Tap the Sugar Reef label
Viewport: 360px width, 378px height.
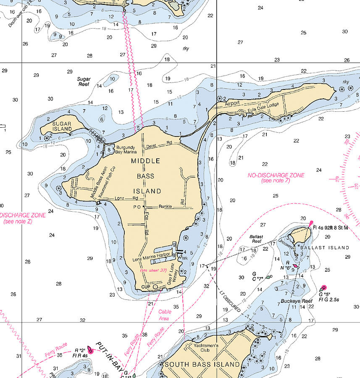point(84,81)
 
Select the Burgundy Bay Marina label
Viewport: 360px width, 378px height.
point(126,150)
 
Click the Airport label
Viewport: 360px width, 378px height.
point(232,103)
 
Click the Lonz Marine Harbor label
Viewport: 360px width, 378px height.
point(152,255)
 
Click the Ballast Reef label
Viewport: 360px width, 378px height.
point(256,239)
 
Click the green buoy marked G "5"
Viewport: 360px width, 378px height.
point(323,288)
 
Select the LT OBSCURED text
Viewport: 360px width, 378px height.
point(230,302)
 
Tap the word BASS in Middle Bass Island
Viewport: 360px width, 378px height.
point(145,176)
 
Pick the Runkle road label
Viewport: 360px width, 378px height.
point(166,207)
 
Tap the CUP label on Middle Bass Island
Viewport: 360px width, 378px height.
point(146,286)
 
